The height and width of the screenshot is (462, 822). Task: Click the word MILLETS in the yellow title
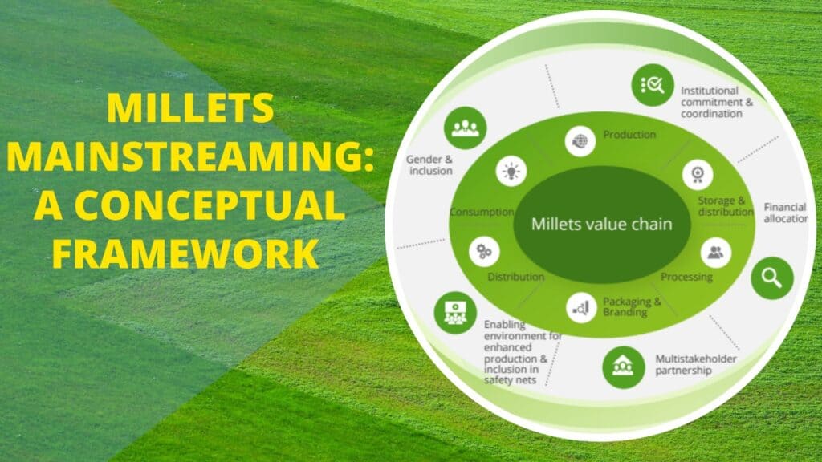point(190,109)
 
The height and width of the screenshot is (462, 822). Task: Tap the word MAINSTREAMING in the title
point(190,156)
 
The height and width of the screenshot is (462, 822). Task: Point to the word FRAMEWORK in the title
point(190,254)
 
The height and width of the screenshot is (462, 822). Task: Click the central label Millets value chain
point(601,225)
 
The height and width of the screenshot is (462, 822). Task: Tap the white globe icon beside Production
point(580,140)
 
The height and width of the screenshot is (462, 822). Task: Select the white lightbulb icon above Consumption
point(511,172)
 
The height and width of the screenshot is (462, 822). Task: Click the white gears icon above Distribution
point(484,251)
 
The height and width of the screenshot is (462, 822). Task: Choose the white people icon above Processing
point(715,253)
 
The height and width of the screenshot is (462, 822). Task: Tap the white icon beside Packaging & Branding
point(580,305)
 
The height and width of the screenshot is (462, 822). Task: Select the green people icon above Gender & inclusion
point(465,127)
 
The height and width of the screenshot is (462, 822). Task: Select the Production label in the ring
point(629,135)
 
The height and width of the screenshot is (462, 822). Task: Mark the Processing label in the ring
point(686,277)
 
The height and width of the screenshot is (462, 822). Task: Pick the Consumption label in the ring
point(482,212)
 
